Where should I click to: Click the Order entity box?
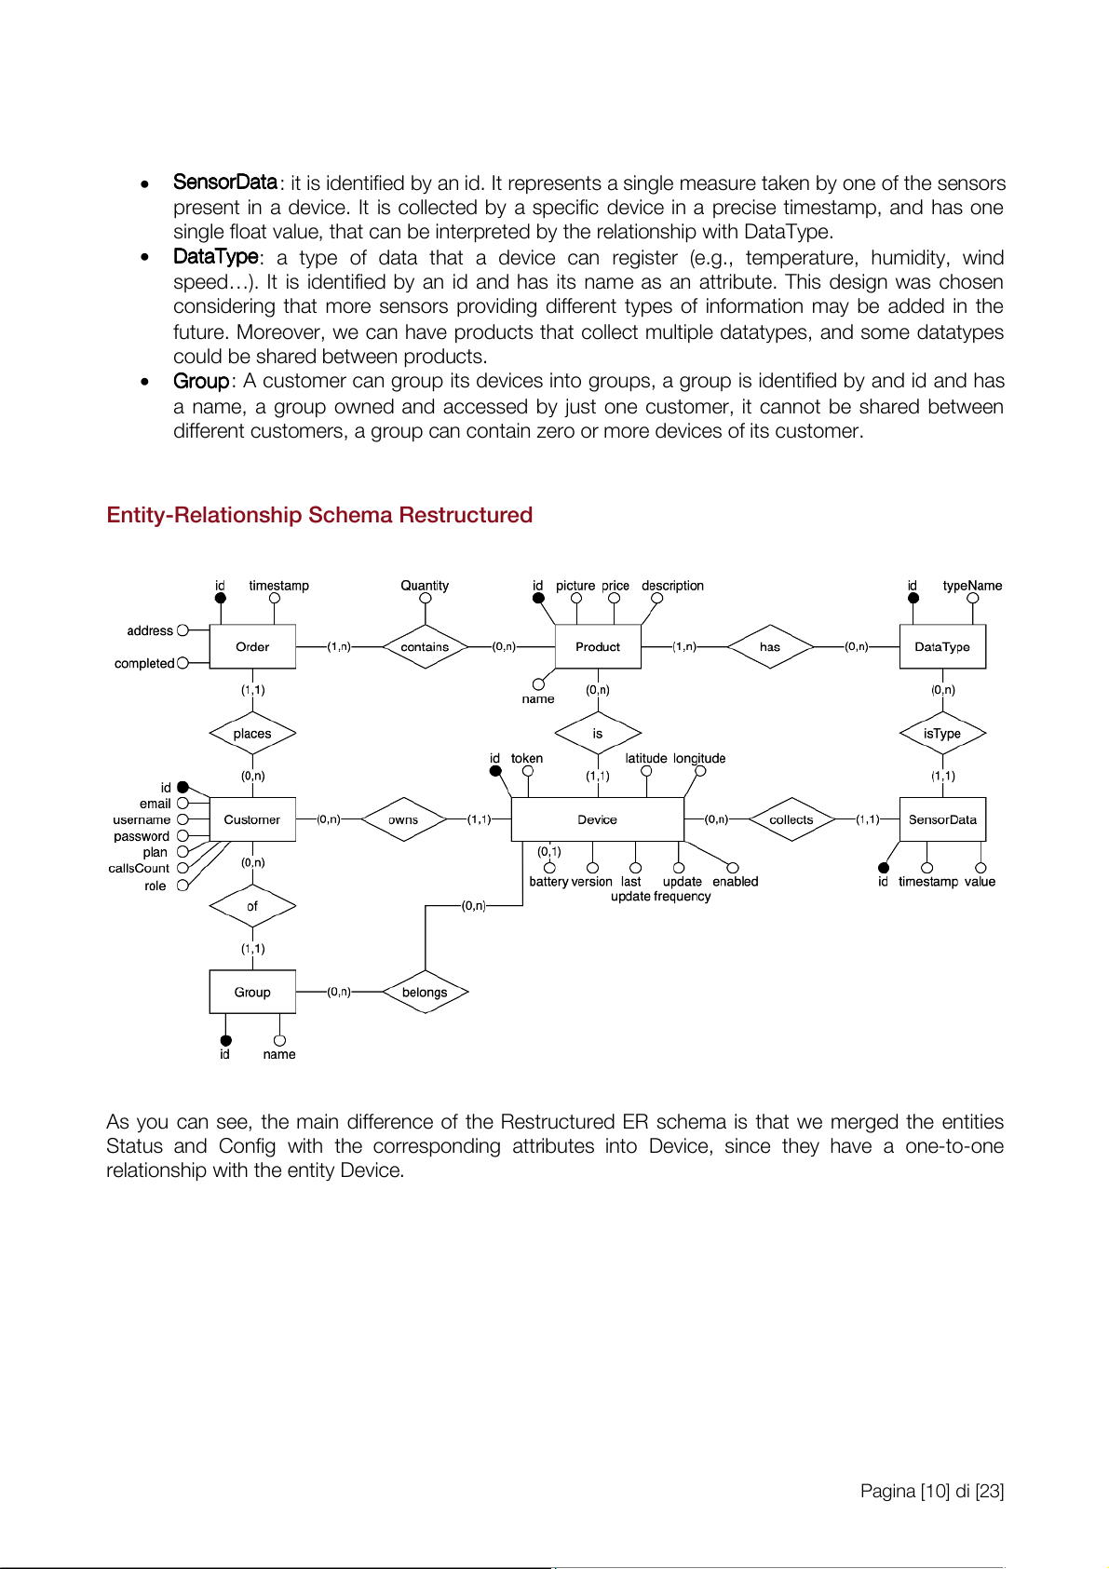tap(252, 646)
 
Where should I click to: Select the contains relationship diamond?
tap(425, 646)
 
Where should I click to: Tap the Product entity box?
tap(598, 646)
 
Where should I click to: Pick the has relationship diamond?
tap(770, 646)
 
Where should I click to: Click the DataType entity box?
tap(942, 646)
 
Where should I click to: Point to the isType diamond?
tap(942, 734)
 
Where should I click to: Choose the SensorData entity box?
tap(942, 819)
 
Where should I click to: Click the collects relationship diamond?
tap(791, 819)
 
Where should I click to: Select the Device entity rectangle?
tap(597, 819)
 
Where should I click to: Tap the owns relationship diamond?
tap(403, 819)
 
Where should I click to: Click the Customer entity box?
tap(252, 819)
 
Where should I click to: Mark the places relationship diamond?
tap(252, 734)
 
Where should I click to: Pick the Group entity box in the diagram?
tap(252, 992)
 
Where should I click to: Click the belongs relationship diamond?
tap(425, 992)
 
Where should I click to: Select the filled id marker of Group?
tap(225, 1041)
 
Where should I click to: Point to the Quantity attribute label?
tap(425, 586)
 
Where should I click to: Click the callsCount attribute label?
tap(139, 868)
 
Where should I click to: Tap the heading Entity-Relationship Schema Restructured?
tap(319, 515)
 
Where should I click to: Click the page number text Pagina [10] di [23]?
tap(931, 1491)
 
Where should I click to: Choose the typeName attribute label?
tap(972, 586)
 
